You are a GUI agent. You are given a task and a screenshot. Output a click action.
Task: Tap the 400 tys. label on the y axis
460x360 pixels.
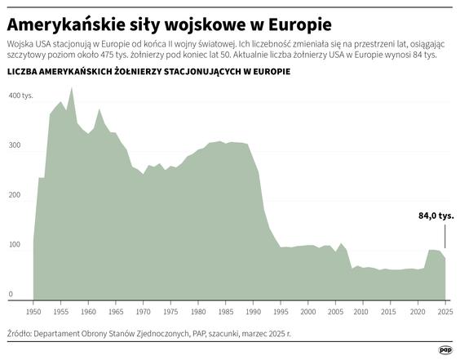point(21,96)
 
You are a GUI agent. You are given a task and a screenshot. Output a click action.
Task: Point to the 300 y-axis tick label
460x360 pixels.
point(15,145)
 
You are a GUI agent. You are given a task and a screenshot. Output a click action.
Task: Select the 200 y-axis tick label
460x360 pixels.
point(15,195)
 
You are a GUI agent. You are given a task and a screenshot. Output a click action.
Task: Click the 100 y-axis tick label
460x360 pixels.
point(15,245)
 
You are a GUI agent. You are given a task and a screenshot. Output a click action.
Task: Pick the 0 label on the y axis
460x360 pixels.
point(11,294)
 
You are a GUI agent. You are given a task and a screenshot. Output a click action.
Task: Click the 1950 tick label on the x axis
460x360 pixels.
point(33,312)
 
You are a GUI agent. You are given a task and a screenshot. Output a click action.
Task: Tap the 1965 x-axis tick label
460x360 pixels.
point(116,312)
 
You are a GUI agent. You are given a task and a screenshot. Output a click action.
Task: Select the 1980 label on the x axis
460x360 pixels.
point(198,312)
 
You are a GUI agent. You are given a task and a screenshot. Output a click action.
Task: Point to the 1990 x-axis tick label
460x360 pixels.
point(253,312)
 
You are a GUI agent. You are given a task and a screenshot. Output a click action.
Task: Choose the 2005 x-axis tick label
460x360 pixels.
point(335,312)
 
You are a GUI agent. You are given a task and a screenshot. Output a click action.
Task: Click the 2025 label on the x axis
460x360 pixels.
point(445,312)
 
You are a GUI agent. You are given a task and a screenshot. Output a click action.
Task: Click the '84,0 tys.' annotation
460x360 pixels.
point(436,216)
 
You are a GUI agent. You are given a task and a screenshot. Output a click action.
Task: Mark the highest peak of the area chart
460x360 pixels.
point(72,87)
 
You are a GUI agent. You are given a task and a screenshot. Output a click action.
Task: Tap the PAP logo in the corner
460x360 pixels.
point(445,349)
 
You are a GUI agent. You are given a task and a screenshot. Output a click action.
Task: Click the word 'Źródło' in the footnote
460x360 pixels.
point(21,334)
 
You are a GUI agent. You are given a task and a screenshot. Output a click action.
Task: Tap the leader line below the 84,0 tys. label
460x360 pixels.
point(445,237)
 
